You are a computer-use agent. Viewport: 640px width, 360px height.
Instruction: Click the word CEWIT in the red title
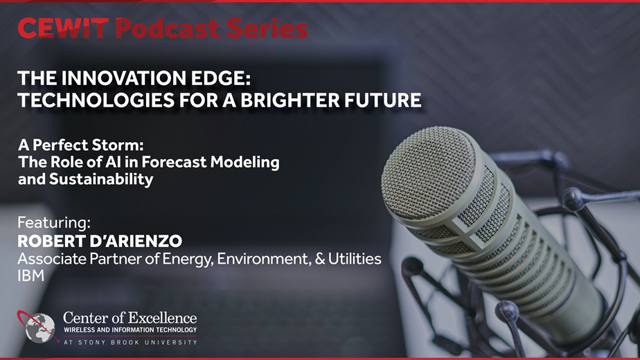click(63, 28)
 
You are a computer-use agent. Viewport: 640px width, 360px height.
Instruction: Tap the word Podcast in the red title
click(168, 28)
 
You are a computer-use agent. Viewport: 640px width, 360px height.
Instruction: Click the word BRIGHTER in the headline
click(290, 100)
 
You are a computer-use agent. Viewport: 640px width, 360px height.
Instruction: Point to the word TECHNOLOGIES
click(96, 100)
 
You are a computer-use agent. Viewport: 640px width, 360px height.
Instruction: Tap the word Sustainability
click(101, 179)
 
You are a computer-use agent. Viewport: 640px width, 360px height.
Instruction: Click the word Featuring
click(54, 222)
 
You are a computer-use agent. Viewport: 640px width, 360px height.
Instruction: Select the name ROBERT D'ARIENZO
click(100, 241)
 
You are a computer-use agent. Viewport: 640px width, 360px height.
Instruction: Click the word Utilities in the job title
click(355, 258)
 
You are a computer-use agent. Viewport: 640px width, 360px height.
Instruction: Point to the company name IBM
click(30, 276)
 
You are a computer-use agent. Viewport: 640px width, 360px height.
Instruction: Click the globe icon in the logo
click(39, 327)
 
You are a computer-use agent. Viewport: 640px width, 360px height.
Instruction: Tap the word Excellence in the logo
click(163, 318)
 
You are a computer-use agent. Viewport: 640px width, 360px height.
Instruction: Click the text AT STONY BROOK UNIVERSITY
click(130, 342)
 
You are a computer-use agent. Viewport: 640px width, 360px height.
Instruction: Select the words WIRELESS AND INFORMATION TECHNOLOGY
click(130, 330)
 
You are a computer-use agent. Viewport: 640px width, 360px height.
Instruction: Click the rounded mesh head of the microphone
click(429, 174)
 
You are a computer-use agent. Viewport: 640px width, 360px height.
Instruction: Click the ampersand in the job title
click(320, 259)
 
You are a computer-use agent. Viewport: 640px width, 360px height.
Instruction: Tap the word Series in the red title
click(267, 28)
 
